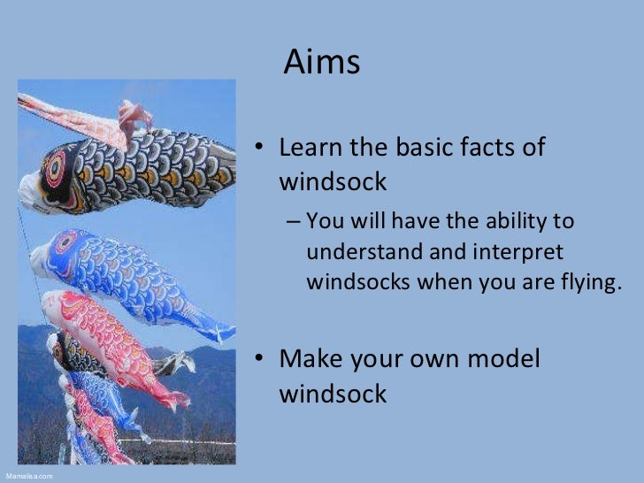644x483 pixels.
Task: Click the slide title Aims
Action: click(x=322, y=63)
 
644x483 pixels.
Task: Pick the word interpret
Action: click(x=517, y=252)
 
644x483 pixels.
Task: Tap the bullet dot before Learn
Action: click(x=261, y=149)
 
